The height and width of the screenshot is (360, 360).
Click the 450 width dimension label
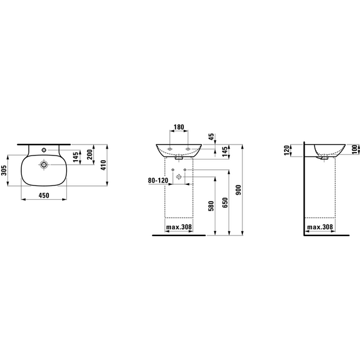[x=44, y=195]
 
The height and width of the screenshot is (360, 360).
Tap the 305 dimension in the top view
[x=4, y=170]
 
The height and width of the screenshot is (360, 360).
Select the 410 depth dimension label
[x=104, y=165]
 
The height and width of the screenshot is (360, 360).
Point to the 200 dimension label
[x=90, y=154]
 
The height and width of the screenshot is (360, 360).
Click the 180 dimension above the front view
[x=179, y=127]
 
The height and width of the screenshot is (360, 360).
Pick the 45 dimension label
[x=211, y=137]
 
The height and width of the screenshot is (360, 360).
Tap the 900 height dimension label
[x=238, y=190]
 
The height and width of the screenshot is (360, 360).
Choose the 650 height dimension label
[x=225, y=203]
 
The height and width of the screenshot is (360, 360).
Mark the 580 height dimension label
[x=211, y=206]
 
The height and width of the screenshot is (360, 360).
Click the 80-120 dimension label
[x=158, y=180]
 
